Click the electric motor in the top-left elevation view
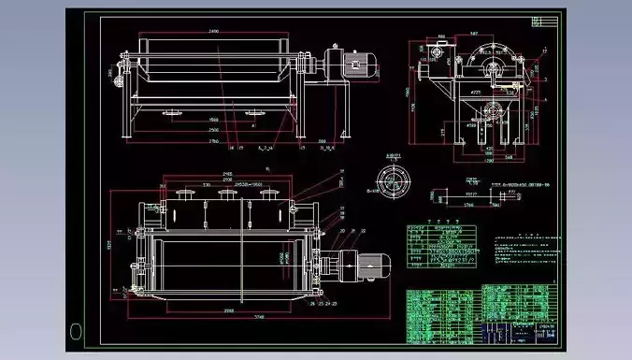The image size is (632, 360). click(x=355, y=65)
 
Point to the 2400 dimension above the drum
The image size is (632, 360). click(x=213, y=32)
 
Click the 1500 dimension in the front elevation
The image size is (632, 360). click(x=213, y=120)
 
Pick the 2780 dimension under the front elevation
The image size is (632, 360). click(x=213, y=141)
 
